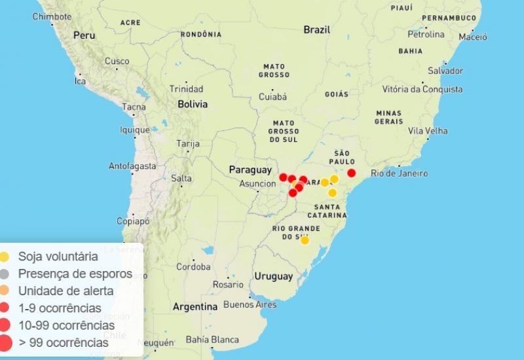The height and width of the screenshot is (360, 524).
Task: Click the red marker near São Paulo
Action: coord(351,173)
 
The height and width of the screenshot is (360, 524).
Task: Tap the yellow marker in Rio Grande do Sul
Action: coord(305,240)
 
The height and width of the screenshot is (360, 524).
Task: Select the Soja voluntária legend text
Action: coord(58,257)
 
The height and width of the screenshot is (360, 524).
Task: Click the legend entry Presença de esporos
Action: coord(75,274)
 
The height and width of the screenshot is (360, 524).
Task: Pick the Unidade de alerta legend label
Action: coord(65,291)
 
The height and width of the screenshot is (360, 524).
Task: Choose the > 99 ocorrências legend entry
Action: coord(63,342)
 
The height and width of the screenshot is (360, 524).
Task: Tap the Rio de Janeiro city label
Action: coord(399,173)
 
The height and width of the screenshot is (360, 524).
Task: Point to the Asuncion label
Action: coord(257,184)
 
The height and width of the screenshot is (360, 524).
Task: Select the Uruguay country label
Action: coord(274,276)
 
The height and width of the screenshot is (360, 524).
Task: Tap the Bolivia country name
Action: coord(192,104)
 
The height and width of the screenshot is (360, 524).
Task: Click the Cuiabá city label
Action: coord(272,97)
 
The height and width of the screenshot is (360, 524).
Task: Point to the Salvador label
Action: coord(445,71)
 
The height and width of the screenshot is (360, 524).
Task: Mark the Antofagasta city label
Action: coord(132,166)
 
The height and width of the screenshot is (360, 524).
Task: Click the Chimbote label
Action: coord(52,16)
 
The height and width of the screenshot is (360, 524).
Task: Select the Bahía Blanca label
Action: coord(212,340)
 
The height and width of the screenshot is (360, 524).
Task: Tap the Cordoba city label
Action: coord(193,267)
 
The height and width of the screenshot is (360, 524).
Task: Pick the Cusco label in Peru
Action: coord(117,62)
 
